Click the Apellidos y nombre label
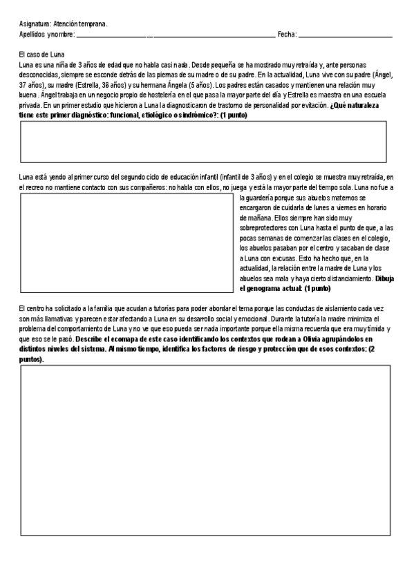pos(47,34)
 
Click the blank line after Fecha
pos(345,35)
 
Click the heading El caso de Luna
pos(42,54)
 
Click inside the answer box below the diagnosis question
pos(203,142)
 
